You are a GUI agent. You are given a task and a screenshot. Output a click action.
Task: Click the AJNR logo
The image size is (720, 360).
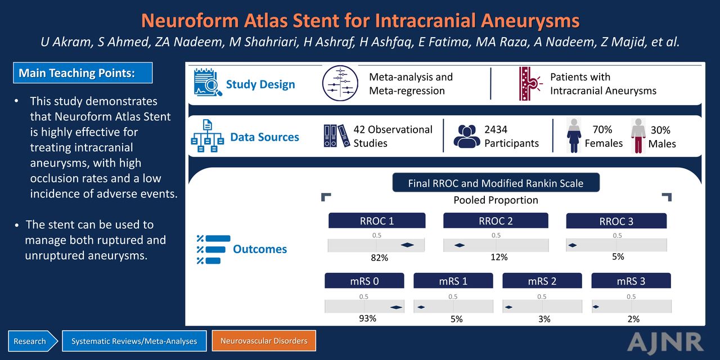click(x=665, y=343)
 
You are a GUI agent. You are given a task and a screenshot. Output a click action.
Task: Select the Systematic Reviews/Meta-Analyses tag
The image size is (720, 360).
click(x=134, y=341)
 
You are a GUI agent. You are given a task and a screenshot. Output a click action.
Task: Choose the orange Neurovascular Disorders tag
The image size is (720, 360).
click(x=264, y=341)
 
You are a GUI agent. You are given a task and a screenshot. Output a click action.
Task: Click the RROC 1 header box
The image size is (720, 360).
click(x=377, y=221)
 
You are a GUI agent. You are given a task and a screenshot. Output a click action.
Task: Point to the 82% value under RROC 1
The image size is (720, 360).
click(x=379, y=258)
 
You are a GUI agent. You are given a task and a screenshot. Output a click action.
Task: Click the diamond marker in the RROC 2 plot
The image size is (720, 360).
click(x=460, y=245)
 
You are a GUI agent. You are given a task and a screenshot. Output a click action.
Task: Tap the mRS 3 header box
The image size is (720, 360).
click(x=631, y=281)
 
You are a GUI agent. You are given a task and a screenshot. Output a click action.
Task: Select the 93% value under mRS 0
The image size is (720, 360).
click(x=368, y=318)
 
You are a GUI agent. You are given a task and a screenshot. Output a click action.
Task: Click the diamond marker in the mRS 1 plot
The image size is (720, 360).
click(x=421, y=307)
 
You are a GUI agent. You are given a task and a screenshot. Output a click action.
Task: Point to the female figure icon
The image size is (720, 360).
click(x=574, y=136)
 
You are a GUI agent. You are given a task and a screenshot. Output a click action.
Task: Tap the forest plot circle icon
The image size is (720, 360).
click(x=340, y=83)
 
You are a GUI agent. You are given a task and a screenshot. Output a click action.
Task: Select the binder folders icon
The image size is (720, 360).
click(x=336, y=136)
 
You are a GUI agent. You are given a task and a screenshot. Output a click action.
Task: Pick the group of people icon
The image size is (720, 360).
click(x=467, y=136)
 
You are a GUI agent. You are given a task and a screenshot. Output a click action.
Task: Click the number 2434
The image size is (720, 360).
click(x=496, y=129)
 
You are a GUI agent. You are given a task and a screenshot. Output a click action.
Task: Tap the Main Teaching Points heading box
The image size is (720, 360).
click(x=83, y=73)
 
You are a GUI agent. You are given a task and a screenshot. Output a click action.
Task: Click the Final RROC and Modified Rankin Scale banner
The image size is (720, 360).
click(x=496, y=183)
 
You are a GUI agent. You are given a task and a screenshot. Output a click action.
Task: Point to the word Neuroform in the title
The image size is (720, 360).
click(x=189, y=21)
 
